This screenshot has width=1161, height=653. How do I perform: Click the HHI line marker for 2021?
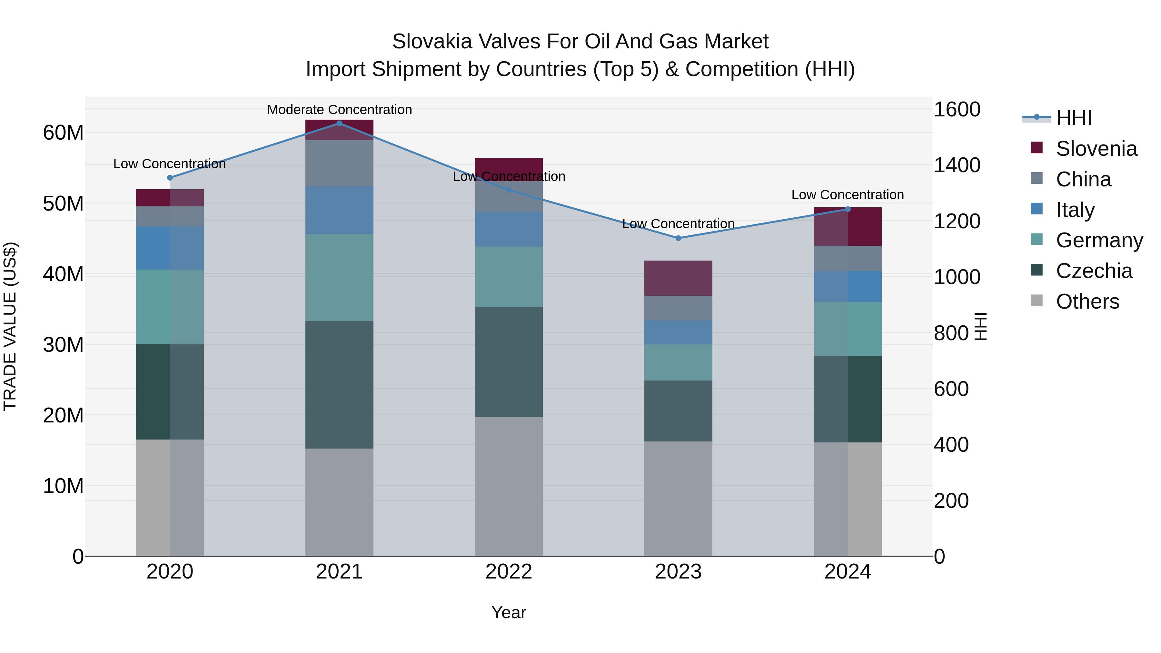(339, 124)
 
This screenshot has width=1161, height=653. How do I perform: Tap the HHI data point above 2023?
(678, 238)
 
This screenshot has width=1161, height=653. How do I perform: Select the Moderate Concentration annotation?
(339, 110)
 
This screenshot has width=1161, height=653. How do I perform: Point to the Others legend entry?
(1087, 302)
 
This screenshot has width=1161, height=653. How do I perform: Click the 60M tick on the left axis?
(63, 133)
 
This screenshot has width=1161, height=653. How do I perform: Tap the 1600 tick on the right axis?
(957, 110)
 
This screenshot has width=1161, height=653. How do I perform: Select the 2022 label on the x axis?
(509, 572)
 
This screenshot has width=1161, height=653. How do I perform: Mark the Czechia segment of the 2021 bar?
(339, 384)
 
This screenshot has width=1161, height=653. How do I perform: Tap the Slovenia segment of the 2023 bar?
(678, 278)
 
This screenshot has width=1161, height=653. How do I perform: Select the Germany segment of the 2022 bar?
(509, 277)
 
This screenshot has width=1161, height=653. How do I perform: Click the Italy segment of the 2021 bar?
(339, 210)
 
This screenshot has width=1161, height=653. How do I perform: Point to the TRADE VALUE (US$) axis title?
(10, 326)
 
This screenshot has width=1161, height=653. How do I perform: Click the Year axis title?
(509, 612)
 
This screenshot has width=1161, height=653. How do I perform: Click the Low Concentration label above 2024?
(847, 195)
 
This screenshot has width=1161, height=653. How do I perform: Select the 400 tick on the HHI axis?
(951, 445)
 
